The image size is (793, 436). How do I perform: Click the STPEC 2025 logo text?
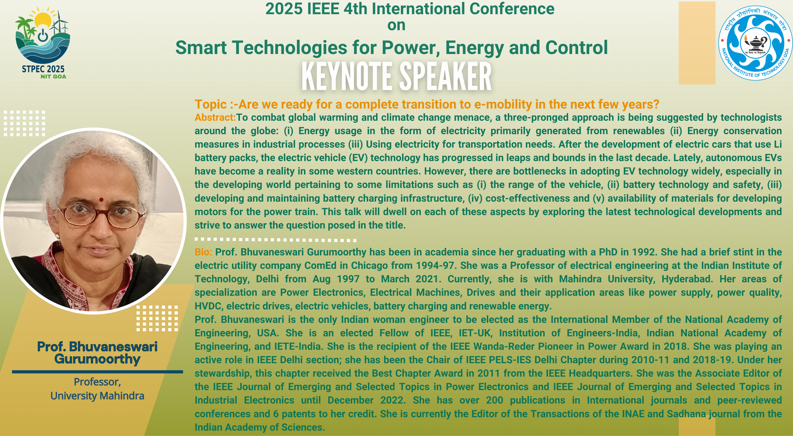[43, 69]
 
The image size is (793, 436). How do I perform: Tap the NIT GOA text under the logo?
[53, 77]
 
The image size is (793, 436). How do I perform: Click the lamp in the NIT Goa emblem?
[755, 43]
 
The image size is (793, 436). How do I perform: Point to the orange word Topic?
[211, 104]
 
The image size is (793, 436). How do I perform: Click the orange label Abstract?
[215, 117]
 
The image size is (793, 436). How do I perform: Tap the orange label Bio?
[203, 252]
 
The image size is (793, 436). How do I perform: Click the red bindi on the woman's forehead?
[101, 200]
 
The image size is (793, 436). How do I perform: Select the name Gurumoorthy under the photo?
[97, 359]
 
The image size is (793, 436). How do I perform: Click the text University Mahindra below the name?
[97, 396]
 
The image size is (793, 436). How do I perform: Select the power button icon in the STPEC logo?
[43, 35]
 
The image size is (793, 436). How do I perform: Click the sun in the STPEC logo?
[43, 19]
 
